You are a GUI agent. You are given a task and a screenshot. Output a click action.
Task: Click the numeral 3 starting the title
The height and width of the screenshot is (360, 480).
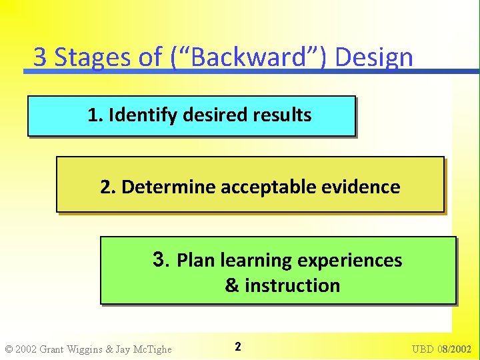tap(40, 57)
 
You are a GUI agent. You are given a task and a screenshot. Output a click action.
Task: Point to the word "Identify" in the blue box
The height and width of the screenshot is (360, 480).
tap(142, 115)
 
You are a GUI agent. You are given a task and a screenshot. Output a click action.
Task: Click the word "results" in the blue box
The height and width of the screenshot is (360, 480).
tap(282, 115)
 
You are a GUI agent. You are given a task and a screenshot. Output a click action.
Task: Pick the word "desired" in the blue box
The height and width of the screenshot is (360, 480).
tap(215, 115)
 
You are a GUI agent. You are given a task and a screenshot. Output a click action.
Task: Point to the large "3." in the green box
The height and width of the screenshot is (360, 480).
tap(162, 259)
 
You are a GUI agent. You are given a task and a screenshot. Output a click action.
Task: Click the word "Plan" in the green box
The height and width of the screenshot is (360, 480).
tap(196, 260)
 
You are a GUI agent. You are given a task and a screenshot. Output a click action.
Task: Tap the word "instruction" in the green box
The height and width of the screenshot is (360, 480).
tap(292, 285)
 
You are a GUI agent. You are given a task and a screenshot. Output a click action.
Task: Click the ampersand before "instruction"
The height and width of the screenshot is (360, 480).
tap(232, 285)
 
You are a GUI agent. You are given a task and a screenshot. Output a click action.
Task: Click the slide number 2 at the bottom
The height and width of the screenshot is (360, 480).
tap(238, 347)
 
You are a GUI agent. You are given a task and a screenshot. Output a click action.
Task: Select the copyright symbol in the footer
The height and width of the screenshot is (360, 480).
tap(9, 349)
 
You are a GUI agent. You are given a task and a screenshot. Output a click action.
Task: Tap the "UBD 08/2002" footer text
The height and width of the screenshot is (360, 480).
tap(441, 349)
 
